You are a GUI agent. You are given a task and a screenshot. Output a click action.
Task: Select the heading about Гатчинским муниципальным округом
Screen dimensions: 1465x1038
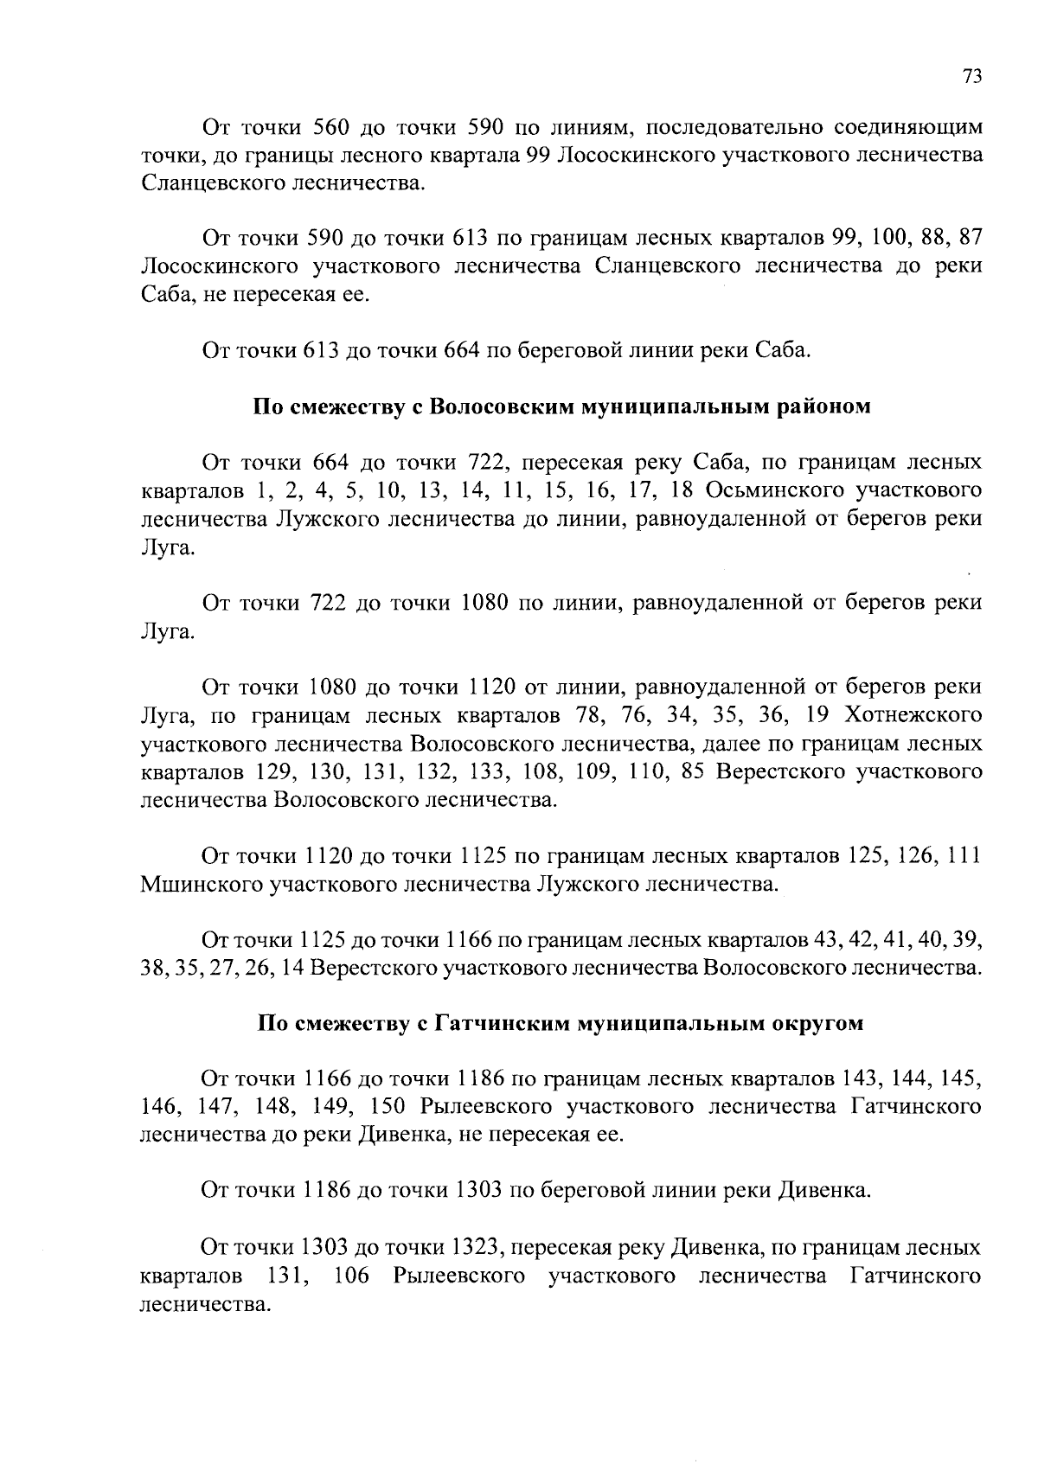[561, 1024]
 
